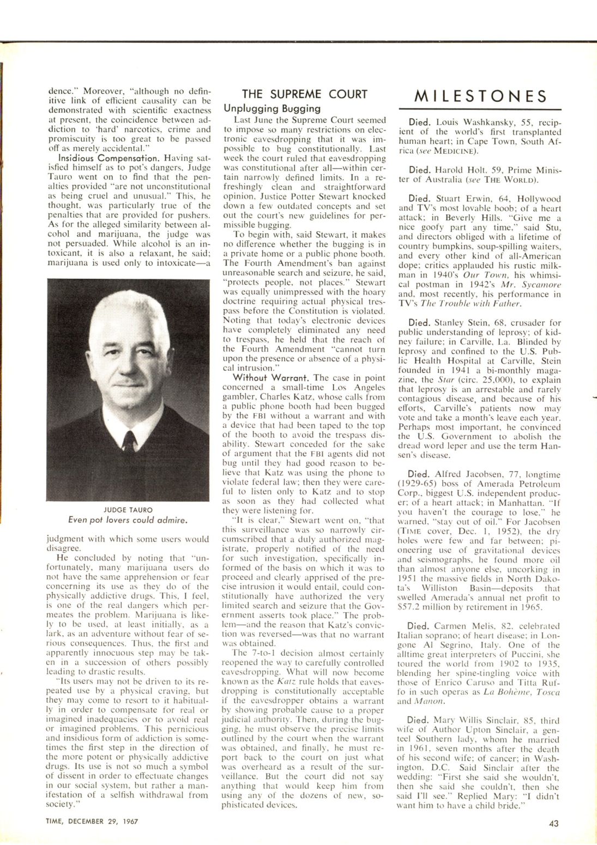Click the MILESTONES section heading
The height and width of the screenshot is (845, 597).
[480, 96]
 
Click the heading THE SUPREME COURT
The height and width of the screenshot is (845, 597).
[305, 94]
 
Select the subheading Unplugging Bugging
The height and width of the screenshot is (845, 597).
[272, 108]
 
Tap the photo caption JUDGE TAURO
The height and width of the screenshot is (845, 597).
[128, 510]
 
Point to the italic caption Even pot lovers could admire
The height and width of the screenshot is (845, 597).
[128, 520]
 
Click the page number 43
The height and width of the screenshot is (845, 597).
[553, 823]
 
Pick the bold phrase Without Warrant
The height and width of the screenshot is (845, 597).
[272, 377]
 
